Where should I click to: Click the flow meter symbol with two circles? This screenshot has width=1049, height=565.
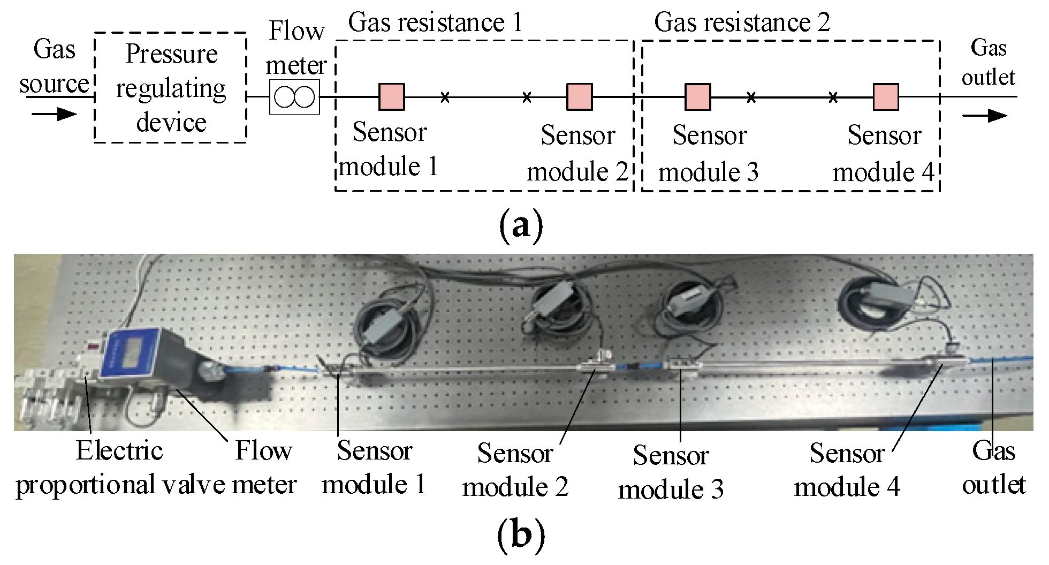click(294, 97)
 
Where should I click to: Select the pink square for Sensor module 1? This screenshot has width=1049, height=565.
click(392, 97)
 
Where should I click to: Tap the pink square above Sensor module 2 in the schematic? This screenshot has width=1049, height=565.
click(580, 97)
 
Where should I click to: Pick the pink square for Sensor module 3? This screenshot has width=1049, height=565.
click(698, 97)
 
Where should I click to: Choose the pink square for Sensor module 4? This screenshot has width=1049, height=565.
click(886, 97)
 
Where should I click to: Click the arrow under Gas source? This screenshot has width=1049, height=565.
click(54, 114)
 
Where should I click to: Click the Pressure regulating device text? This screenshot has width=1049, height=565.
click(171, 88)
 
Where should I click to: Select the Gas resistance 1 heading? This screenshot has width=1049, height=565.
click(435, 22)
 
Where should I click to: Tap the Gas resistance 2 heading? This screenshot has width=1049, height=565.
click(742, 22)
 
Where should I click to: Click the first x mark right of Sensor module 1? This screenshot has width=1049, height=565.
click(445, 97)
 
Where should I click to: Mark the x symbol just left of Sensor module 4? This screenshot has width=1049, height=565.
click(833, 97)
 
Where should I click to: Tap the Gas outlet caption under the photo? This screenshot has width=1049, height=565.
click(993, 468)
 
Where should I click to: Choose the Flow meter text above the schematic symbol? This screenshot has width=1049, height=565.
click(296, 48)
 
